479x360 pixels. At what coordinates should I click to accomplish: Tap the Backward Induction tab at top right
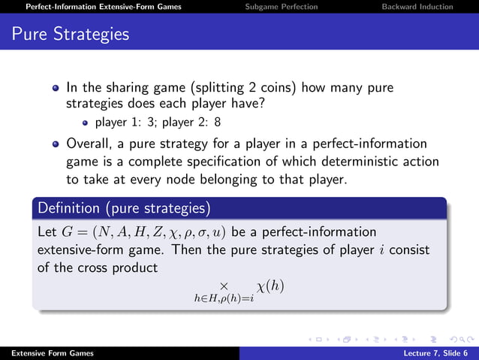point(417,7)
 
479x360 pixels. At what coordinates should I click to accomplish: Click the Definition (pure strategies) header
point(125,207)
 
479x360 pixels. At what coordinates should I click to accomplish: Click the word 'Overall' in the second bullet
point(92,144)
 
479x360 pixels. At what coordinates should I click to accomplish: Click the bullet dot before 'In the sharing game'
point(56,88)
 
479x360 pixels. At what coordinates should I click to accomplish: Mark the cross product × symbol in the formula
point(223,286)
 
